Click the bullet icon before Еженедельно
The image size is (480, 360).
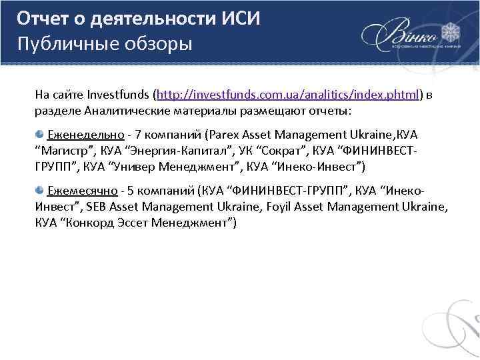[41, 134]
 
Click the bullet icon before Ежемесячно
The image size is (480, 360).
[41, 190]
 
